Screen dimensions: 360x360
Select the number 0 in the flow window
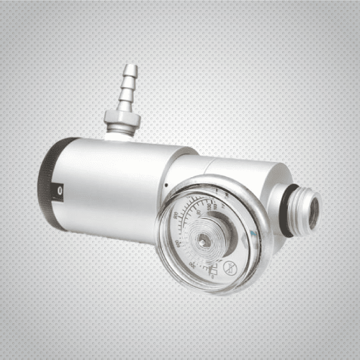[x=60, y=191]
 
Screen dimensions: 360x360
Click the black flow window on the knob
[x=59, y=191]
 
